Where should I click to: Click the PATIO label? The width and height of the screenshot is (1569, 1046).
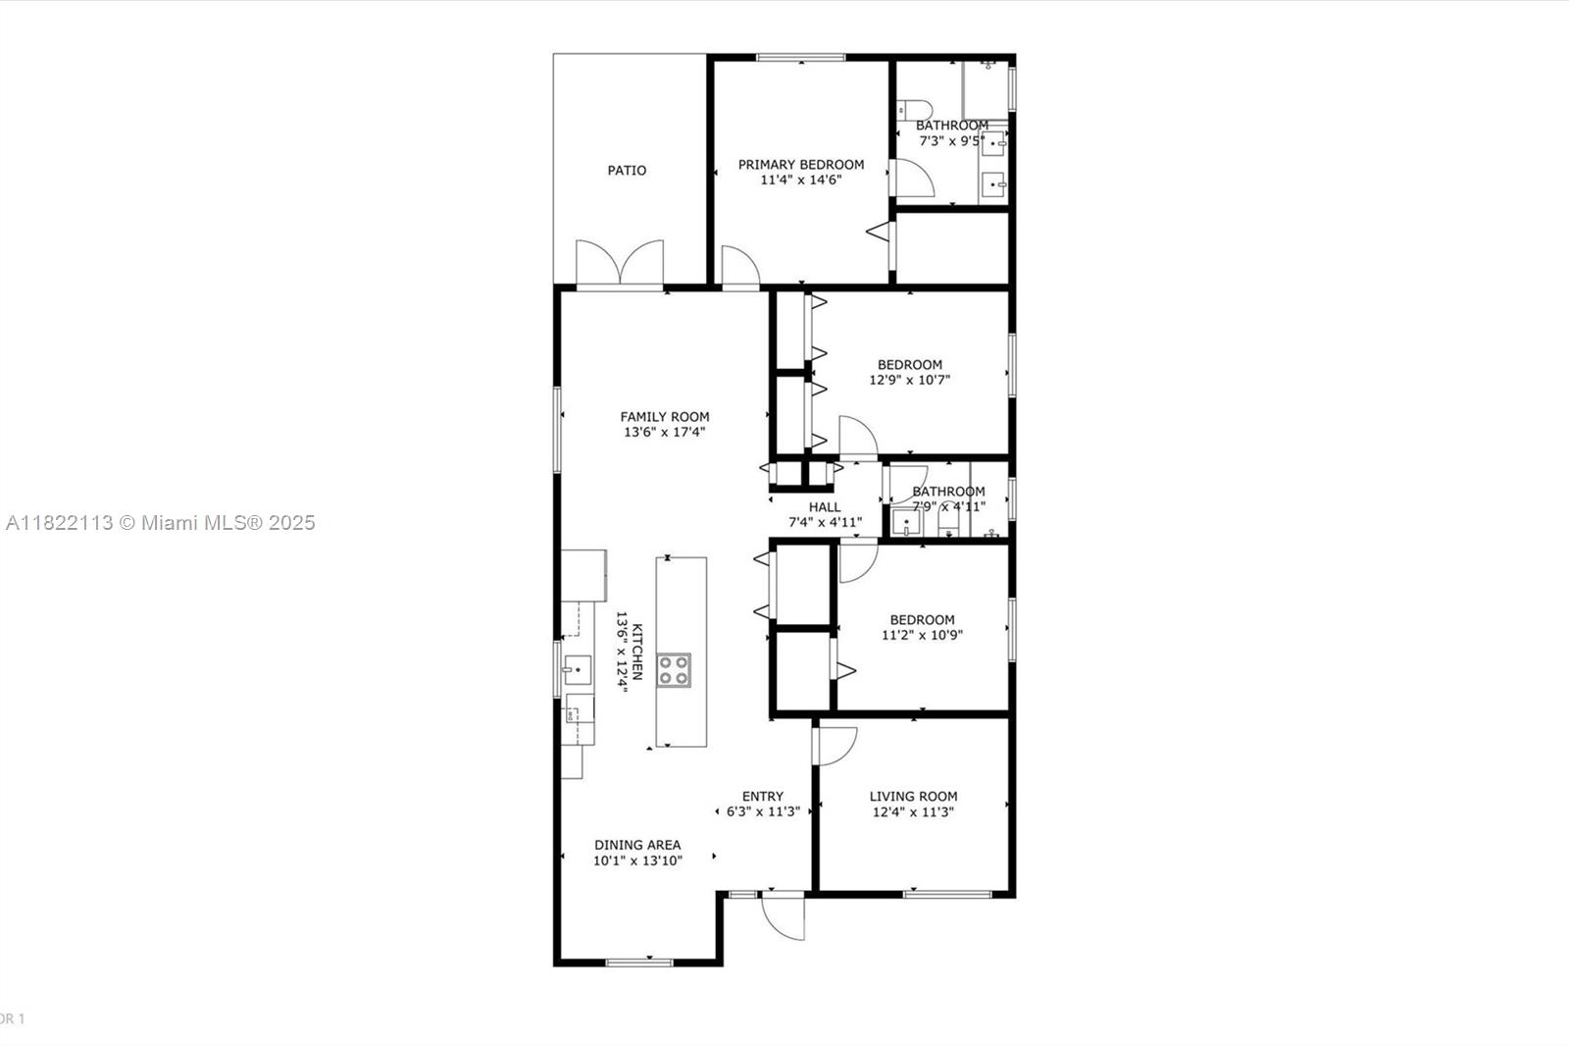[x=627, y=171]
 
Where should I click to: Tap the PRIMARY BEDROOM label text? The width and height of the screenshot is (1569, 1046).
[x=801, y=165]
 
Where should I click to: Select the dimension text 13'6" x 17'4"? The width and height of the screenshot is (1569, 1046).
[x=664, y=432]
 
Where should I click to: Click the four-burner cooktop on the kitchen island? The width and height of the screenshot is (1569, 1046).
[x=674, y=670]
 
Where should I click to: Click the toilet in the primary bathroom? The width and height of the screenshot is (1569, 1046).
[x=913, y=109]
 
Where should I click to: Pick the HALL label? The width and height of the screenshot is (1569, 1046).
[x=825, y=507]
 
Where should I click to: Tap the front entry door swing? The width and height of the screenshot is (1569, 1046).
[x=784, y=916]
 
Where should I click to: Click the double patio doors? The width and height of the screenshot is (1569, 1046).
[x=619, y=263]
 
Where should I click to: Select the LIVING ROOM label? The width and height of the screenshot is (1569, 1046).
[x=913, y=797]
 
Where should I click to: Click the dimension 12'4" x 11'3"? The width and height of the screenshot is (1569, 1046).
[x=913, y=812]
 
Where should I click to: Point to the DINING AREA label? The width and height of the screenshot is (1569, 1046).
[x=637, y=845]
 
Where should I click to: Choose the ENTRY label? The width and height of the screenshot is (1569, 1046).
[x=763, y=797]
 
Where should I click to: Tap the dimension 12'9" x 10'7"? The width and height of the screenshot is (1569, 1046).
[x=910, y=381]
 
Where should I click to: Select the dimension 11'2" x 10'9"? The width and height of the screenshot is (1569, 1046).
[x=922, y=636]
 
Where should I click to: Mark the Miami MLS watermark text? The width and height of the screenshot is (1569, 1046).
[x=160, y=523]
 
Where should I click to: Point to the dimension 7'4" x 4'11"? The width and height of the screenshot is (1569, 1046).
[x=825, y=523]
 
